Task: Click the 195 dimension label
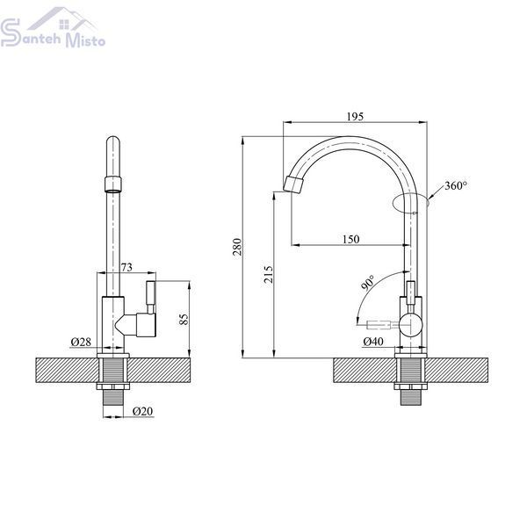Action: (355, 117)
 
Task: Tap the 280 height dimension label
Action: (238, 247)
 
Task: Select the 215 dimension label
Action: (269, 274)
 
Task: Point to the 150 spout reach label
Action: (350, 239)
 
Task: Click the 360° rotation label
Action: (456, 185)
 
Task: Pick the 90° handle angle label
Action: (368, 282)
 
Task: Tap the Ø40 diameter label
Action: (373, 342)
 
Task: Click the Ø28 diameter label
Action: (81, 342)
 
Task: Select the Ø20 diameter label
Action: (142, 411)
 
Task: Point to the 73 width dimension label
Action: (126, 268)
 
